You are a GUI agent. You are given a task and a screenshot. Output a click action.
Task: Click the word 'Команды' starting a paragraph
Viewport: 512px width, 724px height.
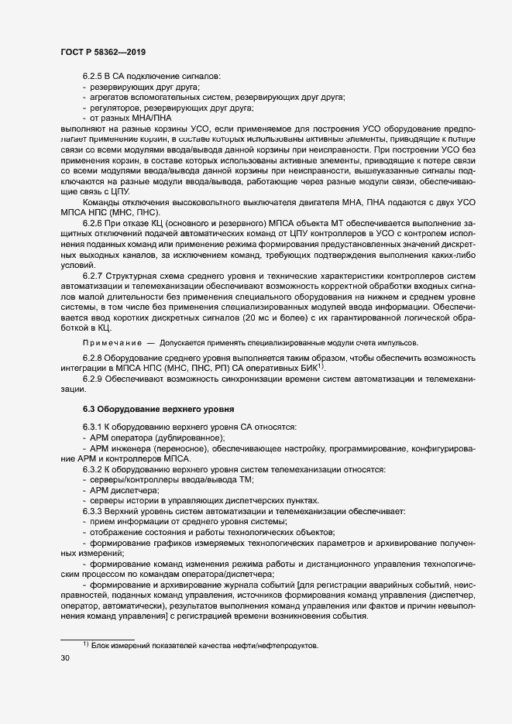98,201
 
